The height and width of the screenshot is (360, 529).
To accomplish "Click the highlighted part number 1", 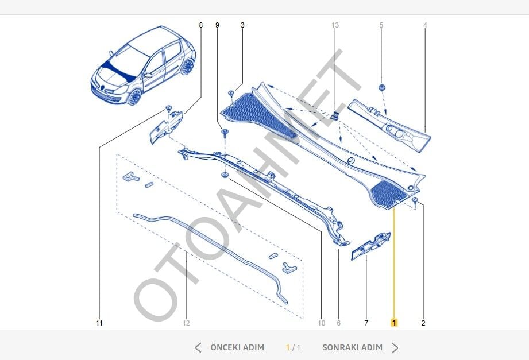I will click(x=394, y=323).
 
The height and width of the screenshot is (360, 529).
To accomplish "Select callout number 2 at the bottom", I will click(x=423, y=323).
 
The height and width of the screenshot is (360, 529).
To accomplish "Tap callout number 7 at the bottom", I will click(x=366, y=323).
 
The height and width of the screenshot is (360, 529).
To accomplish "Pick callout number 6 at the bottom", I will click(x=338, y=323).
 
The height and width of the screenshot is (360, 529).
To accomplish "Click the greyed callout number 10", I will click(x=321, y=323).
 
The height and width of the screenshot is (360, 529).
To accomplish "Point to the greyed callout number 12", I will click(x=186, y=323).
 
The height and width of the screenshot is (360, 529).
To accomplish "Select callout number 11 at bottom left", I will click(x=99, y=323).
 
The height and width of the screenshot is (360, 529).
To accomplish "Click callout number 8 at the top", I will click(x=200, y=25).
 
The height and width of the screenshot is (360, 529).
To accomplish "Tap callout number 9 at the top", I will click(x=217, y=25).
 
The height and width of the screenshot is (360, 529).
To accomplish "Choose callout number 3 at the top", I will click(x=242, y=25).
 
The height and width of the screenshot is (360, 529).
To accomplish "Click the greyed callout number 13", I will click(x=335, y=25).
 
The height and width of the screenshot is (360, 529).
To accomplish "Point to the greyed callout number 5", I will click(x=381, y=25).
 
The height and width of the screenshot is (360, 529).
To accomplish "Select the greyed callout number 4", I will click(x=425, y=25).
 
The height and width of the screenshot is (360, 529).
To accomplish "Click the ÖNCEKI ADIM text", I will click(x=237, y=347).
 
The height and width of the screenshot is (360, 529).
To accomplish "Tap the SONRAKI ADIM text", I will click(x=352, y=347).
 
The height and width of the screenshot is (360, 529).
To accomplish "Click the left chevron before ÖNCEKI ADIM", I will click(x=198, y=347).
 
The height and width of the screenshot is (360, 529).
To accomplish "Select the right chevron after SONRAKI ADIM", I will click(x=395, y=347).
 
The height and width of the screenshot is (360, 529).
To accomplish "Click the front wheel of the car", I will click(x=134, y=96).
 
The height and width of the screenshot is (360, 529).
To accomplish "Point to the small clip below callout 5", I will click(x=381, y=87).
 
